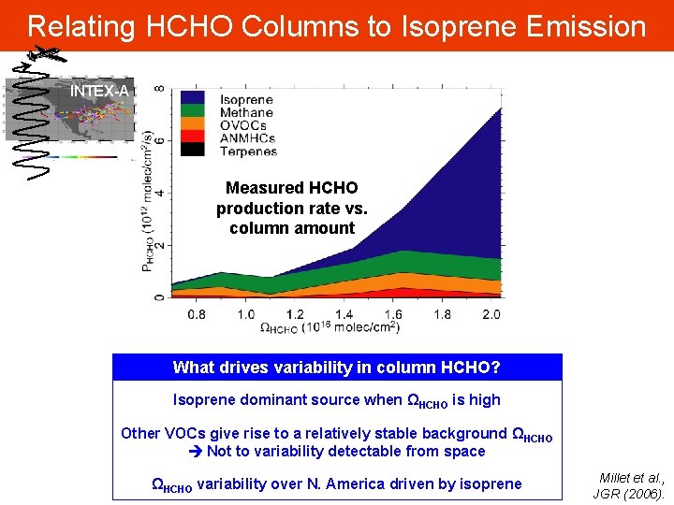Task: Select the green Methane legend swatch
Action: (194, 112)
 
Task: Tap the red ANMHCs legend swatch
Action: (194, 137)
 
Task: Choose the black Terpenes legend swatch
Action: (194, 151)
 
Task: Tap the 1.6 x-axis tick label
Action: (393, 314)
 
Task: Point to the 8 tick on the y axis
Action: (160, 89)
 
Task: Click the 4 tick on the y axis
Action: (160, 194)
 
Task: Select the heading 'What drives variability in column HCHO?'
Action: (337, 368)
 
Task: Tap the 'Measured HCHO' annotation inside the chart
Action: (291, 188)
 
